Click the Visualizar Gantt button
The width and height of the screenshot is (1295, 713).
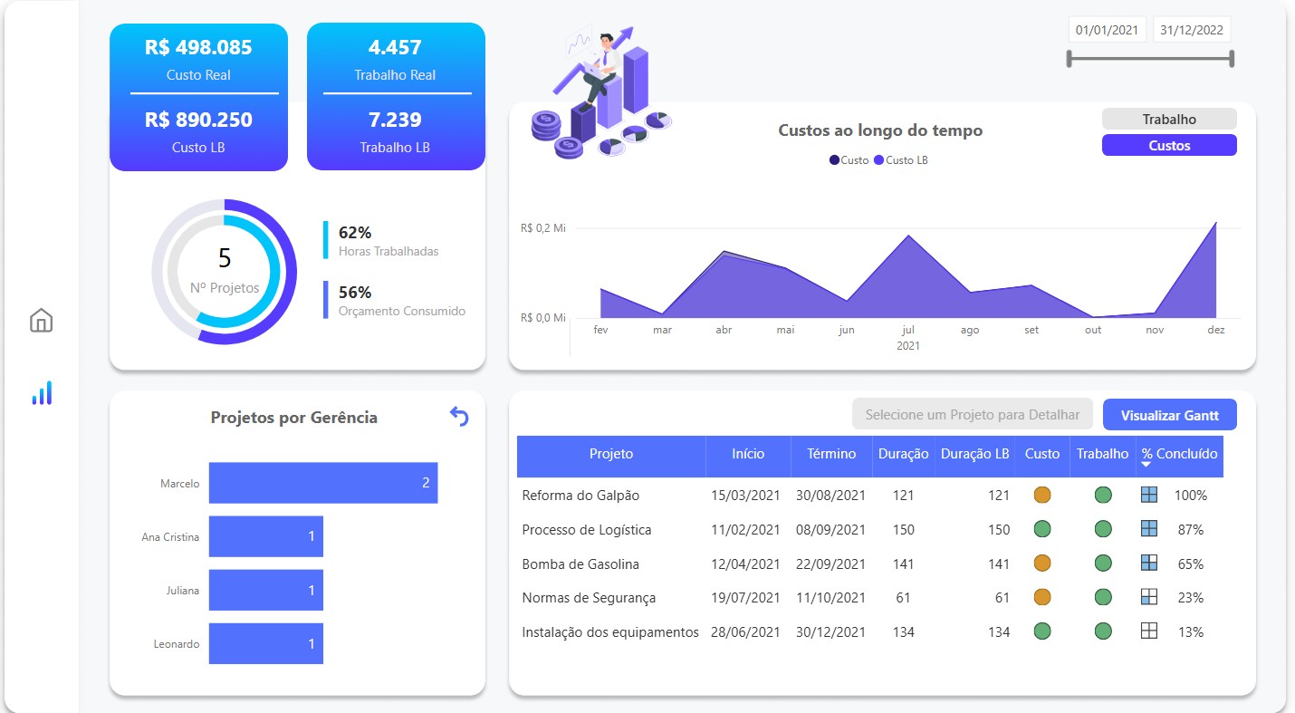click(x=1169, y=416)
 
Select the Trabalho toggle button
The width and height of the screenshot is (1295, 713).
click(x=1168, y=119)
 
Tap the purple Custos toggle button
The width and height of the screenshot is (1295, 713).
click(x=1168, y=145)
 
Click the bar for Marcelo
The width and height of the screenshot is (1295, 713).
click(x=322, y=483)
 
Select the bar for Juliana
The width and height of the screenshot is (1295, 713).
click(x=265, y=590)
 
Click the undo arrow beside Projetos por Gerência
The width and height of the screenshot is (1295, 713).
click(x=459, y=417)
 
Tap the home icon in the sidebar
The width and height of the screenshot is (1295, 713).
click(x=42, y=320)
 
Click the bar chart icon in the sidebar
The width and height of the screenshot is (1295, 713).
click(x=42, y=393)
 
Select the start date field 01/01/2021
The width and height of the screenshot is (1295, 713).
click(x=1106, y=30)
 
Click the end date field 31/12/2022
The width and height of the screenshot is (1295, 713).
click(x=1191, y=30)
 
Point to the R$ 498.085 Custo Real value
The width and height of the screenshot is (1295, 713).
click(x=198, y=47)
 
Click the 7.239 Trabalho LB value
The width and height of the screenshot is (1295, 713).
click(x=395, y=120)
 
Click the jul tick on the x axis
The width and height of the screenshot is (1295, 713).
click(x=907, y=330)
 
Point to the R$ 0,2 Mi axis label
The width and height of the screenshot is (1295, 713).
click(x=543, y=228)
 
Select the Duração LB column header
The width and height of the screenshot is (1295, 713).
click(x=974, y=454)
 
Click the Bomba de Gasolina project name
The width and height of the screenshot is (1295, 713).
click(x=580, y=564)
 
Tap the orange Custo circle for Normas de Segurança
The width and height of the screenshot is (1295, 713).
click(x=1042, y=597)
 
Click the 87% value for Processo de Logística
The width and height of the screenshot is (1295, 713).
click(x=1190, y=529)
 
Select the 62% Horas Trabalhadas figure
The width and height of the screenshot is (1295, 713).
click(x=355, y=233)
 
